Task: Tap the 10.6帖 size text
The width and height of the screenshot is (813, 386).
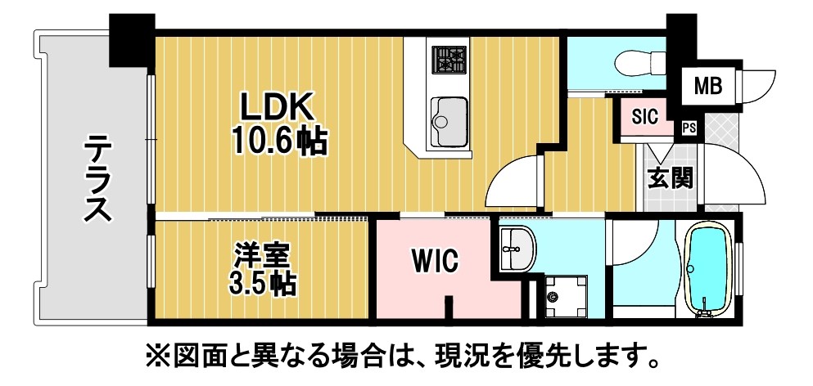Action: (279, 140)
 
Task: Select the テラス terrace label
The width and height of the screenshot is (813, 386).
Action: (98, 177)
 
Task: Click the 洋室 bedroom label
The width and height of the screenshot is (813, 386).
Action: (263, 257)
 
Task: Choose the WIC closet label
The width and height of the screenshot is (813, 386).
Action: (436, 261)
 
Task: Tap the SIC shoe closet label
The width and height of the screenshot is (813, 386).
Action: (644, 116)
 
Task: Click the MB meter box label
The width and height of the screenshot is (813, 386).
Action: (707, 86)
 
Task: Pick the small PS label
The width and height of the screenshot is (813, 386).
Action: (689, 128)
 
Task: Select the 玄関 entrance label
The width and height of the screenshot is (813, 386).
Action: (671, 179)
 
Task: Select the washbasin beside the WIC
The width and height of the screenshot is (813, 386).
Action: (518, 249)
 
